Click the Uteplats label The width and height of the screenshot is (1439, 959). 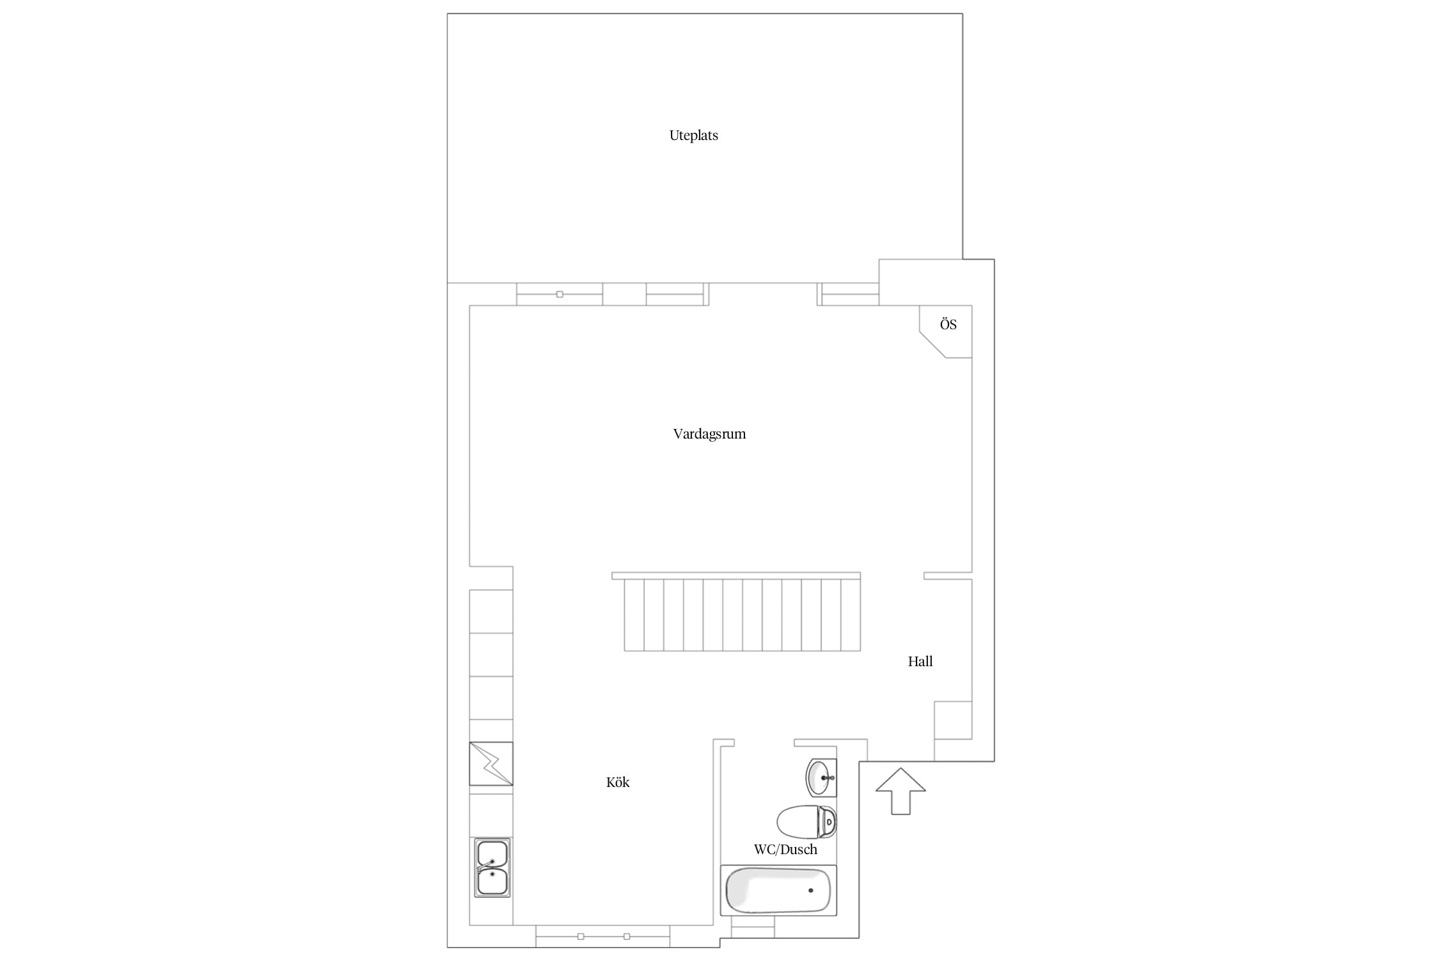[693, 136]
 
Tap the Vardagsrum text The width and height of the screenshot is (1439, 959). [709, 434]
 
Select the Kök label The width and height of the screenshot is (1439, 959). [618, 783]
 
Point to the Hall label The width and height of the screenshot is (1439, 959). [920, 662]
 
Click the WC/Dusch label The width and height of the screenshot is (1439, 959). [785, 850]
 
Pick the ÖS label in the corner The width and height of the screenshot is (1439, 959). [948, 324]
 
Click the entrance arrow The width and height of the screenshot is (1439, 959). [900, 791]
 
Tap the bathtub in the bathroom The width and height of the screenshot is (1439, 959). [778, 891]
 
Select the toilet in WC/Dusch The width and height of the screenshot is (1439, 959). [806, 822]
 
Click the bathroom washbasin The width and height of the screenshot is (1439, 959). [821, 777]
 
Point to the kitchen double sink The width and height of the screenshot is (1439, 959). [492, 868]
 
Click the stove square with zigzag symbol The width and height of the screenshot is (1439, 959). [491, 763]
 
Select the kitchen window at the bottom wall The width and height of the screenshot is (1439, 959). [602, 937]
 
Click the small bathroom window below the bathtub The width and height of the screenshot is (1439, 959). [753, 927]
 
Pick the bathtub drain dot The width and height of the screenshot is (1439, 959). [811, 890]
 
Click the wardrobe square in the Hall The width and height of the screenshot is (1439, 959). [953, 721]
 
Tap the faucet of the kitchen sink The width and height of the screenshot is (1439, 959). [486, 866]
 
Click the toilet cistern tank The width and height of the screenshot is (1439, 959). [828, 822]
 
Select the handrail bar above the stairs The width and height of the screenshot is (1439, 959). [736, 576]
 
